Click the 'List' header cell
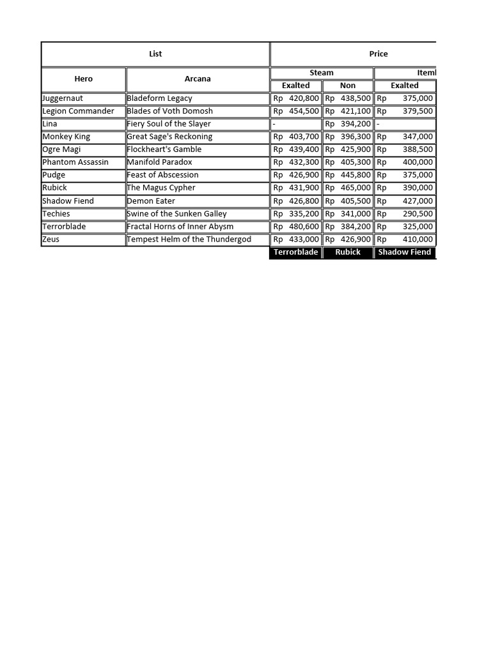(155, 54)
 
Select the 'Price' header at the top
(378, 54)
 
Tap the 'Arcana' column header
(198, 79)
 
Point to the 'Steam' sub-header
(322, 73)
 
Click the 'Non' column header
(348, 86)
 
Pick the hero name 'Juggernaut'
(63, 98)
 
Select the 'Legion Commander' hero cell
(78, 111)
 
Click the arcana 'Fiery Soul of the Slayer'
(169, 124)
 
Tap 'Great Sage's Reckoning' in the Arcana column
(169, 137)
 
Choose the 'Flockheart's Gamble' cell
(164, 149)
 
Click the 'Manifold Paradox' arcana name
(160, 162)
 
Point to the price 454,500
(304, 111)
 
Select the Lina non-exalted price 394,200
(355, 124)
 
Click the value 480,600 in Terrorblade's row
(304, 227)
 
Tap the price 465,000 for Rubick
(355, 188)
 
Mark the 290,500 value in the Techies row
(417, 214)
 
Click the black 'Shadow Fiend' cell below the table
(405, 252)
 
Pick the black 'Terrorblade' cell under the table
(296, 252)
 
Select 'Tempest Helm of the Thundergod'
(189, 240)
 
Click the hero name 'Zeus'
(51, 240)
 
